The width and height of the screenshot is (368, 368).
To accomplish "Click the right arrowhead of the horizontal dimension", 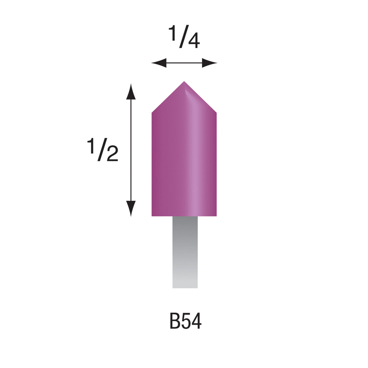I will [x=210, y=63].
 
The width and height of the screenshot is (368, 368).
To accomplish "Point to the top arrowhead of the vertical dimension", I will [x=131, y=90].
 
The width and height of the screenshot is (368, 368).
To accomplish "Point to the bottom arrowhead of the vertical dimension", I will [x=131, y=209].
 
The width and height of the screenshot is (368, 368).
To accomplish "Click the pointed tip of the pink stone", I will [x=184, y=82].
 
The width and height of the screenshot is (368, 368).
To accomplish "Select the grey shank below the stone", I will [x=185, y=252].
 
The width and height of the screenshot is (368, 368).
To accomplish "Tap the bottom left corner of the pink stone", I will [x=152, y=215].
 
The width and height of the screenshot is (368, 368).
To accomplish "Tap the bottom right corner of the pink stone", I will [x=216, y=215].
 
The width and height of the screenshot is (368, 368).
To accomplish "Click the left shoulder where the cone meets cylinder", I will [x=152, y=113].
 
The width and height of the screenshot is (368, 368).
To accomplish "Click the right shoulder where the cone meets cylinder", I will [x=216, y=113].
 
